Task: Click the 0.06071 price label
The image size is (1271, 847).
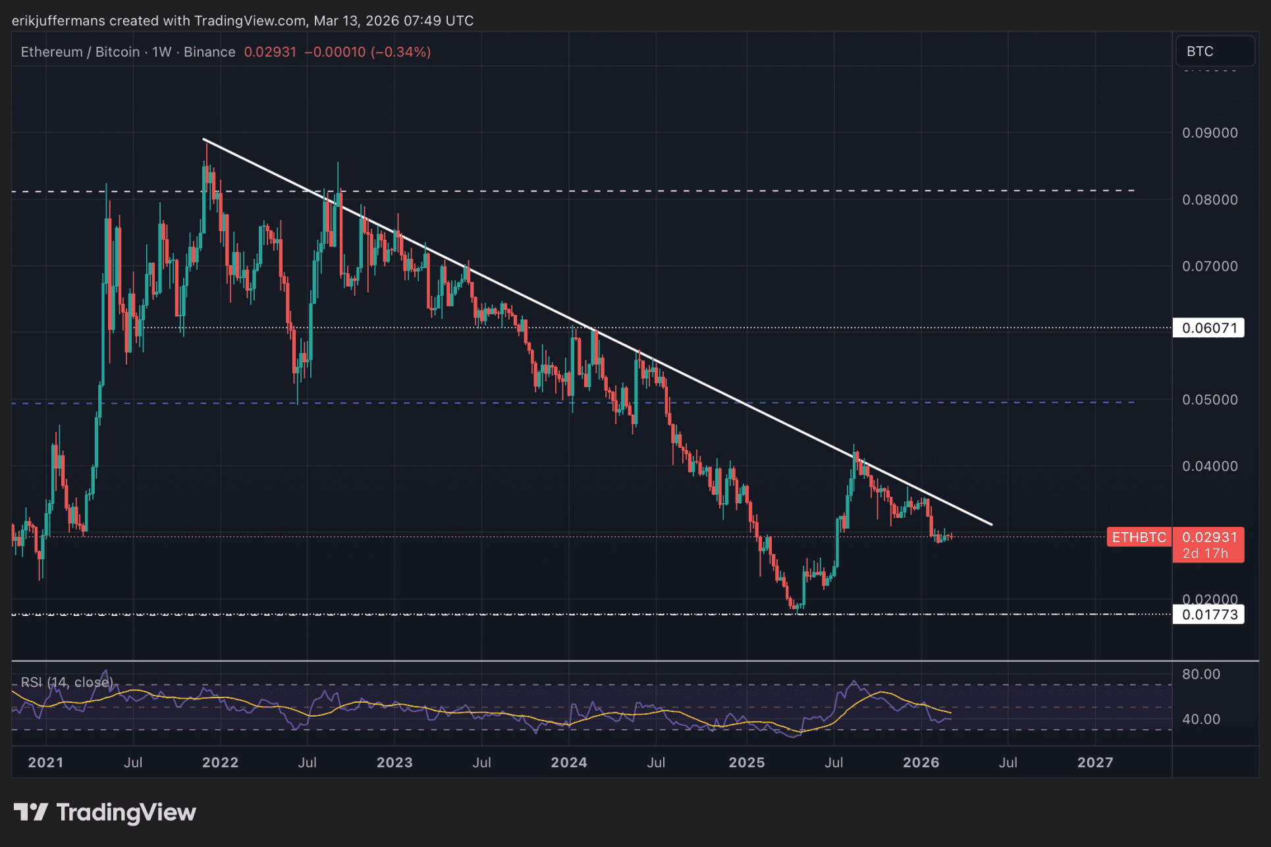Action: (1208, 328)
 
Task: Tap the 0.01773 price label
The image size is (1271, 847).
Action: (1208, 615)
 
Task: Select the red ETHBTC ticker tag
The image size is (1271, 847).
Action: (1139, 537)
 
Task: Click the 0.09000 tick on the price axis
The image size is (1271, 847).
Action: (1210, 133)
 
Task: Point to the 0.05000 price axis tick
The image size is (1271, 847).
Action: (1210, 400)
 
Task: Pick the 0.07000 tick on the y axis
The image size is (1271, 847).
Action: (1210, 267)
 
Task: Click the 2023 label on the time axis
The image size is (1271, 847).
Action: (394, 763)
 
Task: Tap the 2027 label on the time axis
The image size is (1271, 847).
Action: (1095, 763)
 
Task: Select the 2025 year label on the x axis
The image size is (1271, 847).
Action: (747, 763)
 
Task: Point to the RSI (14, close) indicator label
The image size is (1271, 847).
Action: (67, 682)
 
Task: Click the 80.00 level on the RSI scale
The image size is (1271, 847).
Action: (1201, 674)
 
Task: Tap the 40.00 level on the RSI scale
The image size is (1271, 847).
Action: (1201, 719)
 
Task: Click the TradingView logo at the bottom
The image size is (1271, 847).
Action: (105, 813)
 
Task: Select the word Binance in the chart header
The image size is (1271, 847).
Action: (209, 52)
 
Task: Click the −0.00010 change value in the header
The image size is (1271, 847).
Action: (335, 52)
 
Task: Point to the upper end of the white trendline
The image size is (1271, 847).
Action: (204, 140)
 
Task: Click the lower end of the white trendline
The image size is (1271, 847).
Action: (991, 525)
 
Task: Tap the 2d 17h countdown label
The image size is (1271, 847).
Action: (1206, 554)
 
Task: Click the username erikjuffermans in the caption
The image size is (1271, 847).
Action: (59, 20)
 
